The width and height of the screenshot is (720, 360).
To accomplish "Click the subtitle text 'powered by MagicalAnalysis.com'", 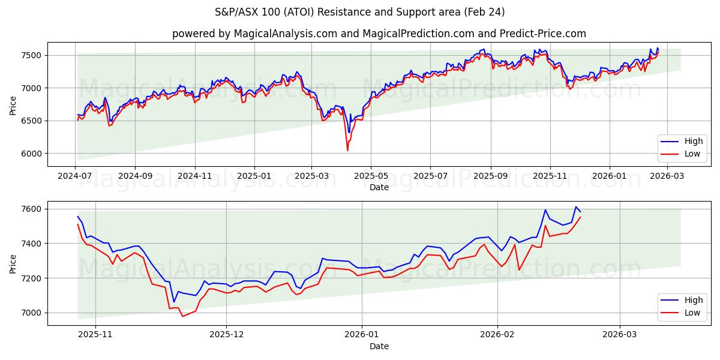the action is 253,34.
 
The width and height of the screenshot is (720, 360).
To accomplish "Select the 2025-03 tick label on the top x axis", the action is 311,176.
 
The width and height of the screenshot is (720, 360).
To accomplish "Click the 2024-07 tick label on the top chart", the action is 75,176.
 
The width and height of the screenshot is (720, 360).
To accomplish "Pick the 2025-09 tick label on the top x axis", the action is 491,176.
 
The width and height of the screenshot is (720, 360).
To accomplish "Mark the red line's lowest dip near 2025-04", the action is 347,150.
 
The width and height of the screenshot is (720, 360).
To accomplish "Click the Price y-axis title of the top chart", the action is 13,105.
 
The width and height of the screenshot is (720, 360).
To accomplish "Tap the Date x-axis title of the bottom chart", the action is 379,346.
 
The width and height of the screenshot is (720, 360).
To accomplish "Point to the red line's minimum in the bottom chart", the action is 182,316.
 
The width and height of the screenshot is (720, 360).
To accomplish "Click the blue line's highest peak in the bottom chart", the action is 576,207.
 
